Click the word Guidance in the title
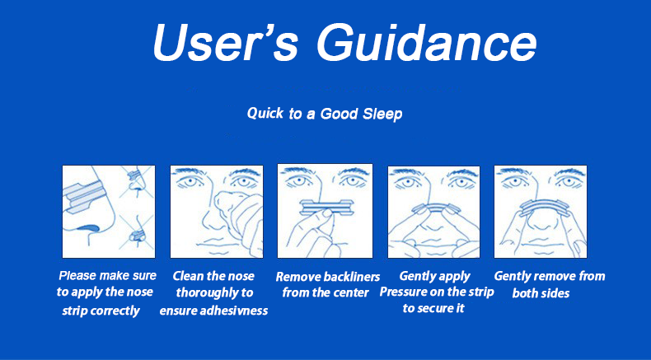click(x=427, y=43)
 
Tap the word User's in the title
click(x=225, y=43)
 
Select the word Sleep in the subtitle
click(x=382, y=114)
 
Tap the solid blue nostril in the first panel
click(x=88, y=227)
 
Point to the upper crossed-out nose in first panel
click(x=136, y=181)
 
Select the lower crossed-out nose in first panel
click(x=137, y=231)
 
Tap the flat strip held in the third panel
click(x=324, y=208)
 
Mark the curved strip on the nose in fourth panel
click(x=433, y=207)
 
